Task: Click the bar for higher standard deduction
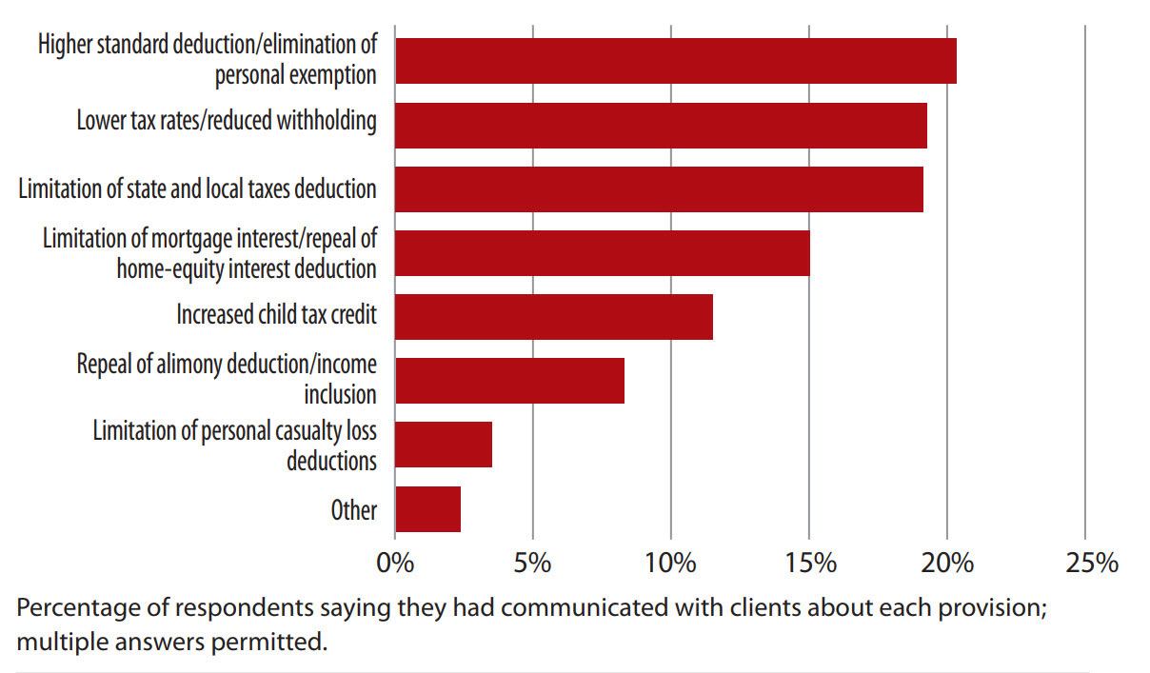[x=675, y=61]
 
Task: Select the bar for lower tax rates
[x=661, y=125]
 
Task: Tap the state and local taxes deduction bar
[x=659, y=188]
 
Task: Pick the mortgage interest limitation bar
[x=602, y=253]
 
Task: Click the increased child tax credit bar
[x=553, y=317]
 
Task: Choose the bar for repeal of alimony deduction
[x=509, y=381]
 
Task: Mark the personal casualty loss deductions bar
[x=444, y=445]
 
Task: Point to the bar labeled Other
[x=427, y=509]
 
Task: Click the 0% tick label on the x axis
[x=395, y=563]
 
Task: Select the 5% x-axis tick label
[x=532, y=563]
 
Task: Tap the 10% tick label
[x=670, y=563]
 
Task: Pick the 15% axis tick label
[x=809, y=563]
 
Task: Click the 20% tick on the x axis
[x=947, y=563]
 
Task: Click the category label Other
[x=354, y=510]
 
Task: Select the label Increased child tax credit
[x=276, y=314]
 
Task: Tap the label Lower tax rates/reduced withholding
[x=227, y=121]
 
